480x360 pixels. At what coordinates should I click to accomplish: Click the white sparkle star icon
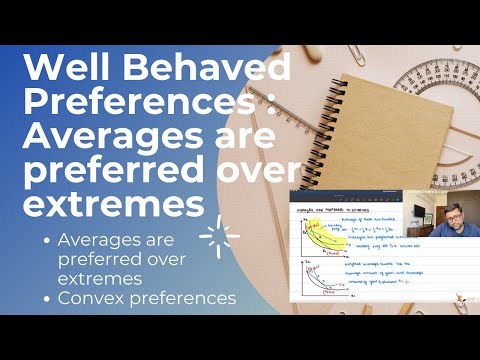218,237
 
